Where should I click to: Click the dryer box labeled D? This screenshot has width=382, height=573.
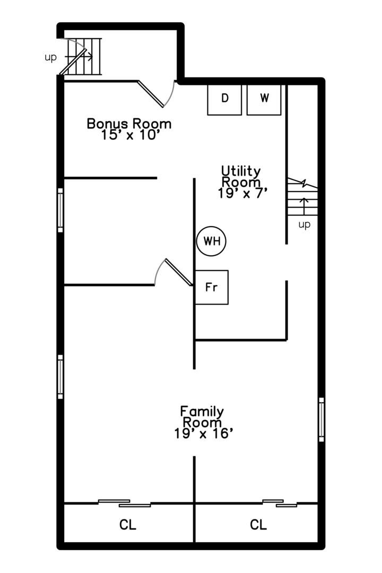click(225, 99)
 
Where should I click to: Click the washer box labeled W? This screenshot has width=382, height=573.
click(264, 99)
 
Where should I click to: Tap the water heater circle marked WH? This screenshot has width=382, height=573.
click(212, 241)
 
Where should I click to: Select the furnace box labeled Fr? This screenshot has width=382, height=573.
click(212, 287)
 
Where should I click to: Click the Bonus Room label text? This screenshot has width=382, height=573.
click(129, 124)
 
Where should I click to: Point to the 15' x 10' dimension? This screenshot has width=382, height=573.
click(130, 135)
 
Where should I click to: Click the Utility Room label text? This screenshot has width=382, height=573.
click(241, 176)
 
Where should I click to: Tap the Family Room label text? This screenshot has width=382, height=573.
click(202, 417)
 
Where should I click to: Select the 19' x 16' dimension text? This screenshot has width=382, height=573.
click(204, 433)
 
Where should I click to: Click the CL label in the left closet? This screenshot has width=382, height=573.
click(128, 525)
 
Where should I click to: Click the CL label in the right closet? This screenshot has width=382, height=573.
click(258, 525)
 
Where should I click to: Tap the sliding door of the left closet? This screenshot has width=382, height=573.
click(125, 502)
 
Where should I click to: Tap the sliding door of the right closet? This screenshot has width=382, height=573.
click(280, 502)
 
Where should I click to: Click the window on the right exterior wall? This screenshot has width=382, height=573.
click(321, 419)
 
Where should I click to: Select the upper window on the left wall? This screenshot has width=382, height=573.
click(60, 210)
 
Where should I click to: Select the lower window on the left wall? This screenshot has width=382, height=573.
click(60, 377)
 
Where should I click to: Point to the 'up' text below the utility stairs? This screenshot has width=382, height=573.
click(304, 224)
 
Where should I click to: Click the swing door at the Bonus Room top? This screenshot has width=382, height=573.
click(155, 94)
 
